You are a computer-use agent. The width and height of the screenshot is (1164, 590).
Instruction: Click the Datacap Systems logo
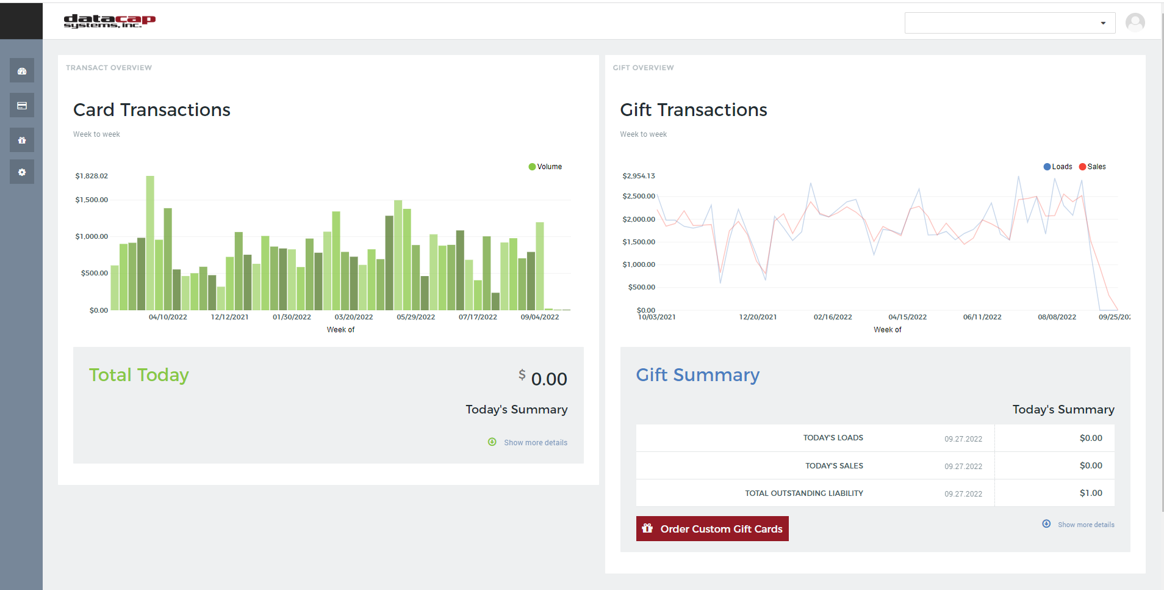coord(109,21)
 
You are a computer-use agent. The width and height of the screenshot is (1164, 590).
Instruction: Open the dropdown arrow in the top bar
coord(1102,23)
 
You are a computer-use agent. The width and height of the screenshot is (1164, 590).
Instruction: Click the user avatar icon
coord(1135,23)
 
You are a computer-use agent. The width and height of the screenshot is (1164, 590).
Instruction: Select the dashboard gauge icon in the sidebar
coord(22,71)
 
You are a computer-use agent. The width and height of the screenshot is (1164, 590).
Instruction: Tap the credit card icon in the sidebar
coord(22,106)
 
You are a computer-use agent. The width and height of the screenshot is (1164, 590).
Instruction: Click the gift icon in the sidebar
coord(22,140)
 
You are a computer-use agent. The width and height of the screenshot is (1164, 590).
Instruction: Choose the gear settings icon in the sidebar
coord(22,172)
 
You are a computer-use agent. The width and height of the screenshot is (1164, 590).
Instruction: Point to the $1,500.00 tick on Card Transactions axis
coord(92,200)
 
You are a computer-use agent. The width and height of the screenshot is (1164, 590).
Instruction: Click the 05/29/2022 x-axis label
coord(415,317)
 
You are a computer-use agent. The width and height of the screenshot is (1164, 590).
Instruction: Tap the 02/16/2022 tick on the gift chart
coord(832,317)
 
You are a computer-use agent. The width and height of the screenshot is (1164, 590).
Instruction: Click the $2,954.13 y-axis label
coord(638,176)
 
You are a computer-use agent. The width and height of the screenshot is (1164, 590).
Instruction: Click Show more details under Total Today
coord(535,443)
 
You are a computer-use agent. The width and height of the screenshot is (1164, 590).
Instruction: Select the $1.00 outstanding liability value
coord(1090,493)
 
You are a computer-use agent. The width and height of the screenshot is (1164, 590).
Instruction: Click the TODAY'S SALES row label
coord(833,465)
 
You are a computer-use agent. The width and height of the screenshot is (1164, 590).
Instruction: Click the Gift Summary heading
coord(697,375)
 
